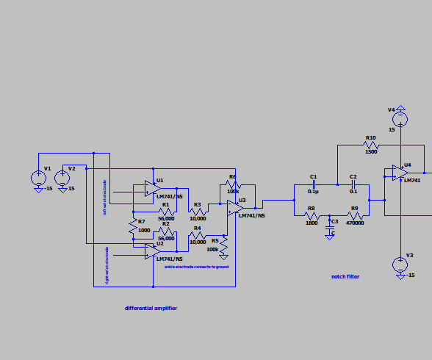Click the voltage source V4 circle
coord(400,118)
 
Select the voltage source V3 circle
coord(400,264)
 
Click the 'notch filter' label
coord(345,276)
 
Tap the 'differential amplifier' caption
coord(151,308)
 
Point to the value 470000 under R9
coord(356,223)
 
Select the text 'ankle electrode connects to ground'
coord(197,266)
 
